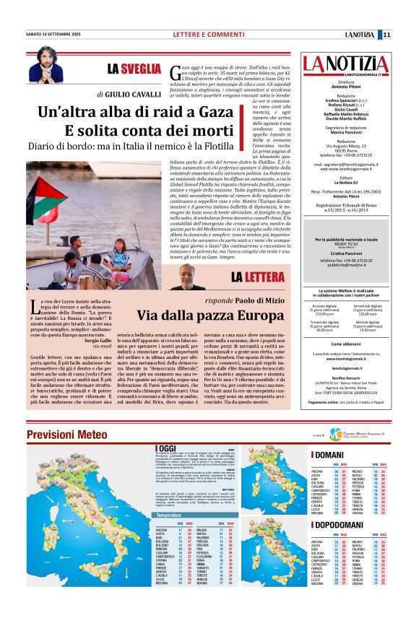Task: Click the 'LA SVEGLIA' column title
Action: coord(134,69)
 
